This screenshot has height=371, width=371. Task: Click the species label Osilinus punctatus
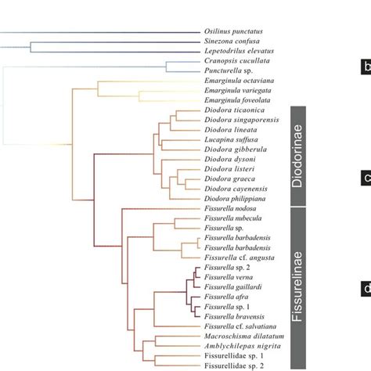pyautogui.click(x=226, y=32)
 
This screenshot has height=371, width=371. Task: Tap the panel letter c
pyautogui.click(x=366, y=178)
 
